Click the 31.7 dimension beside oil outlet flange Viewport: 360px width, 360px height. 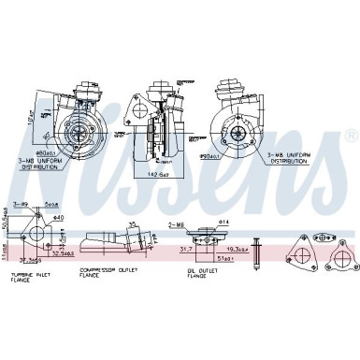(x=185, y=249)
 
